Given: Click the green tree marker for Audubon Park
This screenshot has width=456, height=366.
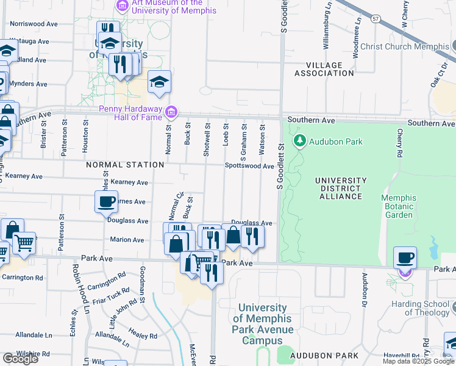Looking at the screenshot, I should point(299,142).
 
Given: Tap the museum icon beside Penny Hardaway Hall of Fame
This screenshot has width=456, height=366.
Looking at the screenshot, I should point(173,111).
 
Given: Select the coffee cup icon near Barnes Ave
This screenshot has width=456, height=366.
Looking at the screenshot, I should point(106,201).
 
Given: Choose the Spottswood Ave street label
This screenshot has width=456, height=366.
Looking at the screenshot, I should point(249,166).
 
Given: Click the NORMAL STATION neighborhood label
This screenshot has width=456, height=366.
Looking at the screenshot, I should point(125,165).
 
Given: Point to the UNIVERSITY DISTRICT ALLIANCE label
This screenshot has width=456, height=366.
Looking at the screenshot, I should point(340,188).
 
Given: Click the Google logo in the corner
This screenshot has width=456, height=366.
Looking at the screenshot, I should point(20,359).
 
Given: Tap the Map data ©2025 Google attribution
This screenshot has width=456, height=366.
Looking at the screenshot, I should point(418,361).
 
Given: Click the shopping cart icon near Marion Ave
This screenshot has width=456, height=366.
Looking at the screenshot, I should point(24,242).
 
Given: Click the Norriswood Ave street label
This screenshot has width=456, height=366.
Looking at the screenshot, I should point(34,24).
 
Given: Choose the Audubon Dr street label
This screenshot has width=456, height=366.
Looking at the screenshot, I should point(365,285).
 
